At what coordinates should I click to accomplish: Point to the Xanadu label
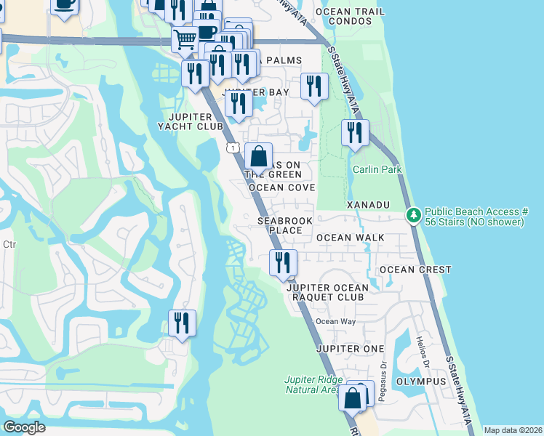pos(369,206)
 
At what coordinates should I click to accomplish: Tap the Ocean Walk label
pos(350,238)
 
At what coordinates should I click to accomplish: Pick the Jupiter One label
pos(350,349)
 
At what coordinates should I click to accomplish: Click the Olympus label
pos(420,381)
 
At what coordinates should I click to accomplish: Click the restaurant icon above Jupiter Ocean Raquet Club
pos(283,262)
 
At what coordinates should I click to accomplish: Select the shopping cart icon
pos(185,38)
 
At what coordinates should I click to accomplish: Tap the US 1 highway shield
pos(231,148)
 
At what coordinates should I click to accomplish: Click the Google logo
pos(24,427)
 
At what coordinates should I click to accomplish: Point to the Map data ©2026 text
pos(513,430)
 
